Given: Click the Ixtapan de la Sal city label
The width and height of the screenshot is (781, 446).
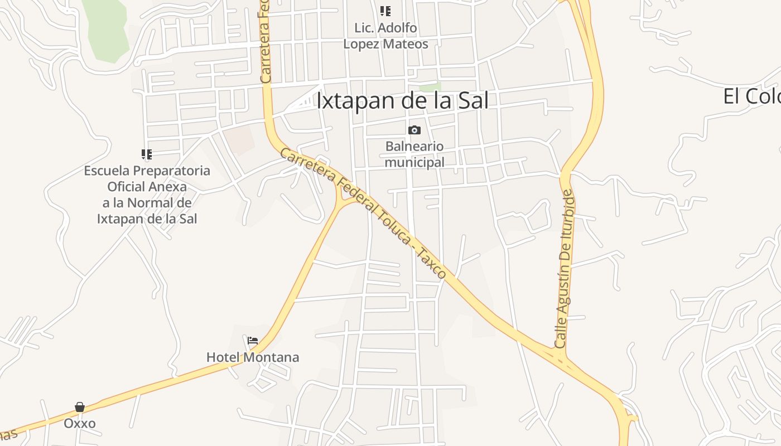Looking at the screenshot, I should [x=402, y=101].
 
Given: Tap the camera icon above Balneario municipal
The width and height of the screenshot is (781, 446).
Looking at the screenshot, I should [x=414, y=130].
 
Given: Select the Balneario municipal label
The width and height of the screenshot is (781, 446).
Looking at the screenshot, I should [x=414, y=154].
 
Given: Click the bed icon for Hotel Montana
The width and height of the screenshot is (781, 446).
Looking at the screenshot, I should [x=253, y=341].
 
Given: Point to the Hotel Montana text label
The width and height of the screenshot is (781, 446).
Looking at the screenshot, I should [x=253, y=357].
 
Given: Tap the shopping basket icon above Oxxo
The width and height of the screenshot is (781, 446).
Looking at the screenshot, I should [x=80, y=408].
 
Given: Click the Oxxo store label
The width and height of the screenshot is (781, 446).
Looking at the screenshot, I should [x=80, y=424].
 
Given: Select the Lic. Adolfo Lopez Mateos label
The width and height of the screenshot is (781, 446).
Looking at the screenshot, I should [x=385, y=36].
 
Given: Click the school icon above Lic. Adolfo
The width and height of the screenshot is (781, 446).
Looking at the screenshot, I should [x=385, y=11].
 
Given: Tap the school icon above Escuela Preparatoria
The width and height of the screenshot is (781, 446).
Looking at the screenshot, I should [x=147, y=154].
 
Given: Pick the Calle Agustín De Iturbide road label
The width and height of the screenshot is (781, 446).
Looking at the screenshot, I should [x=565, y=269].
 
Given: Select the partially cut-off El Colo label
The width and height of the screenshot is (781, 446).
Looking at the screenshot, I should [x=751, y=97].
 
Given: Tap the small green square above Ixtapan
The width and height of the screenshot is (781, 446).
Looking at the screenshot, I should [x=430, y=88].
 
